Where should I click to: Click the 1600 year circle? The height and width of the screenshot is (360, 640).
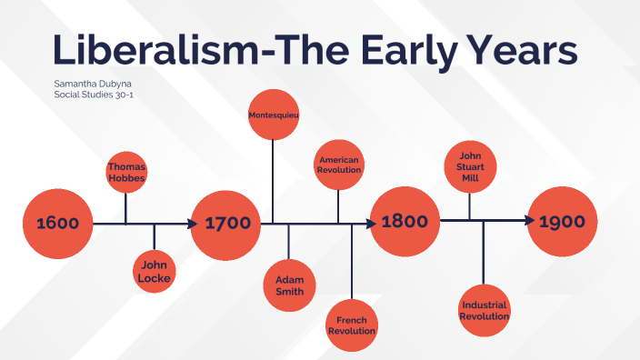[57, 223]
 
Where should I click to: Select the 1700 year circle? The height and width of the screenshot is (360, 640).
[226, 223]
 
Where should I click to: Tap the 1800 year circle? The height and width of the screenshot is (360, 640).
[405, 222]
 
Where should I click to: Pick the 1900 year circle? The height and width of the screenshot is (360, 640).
[563, 222]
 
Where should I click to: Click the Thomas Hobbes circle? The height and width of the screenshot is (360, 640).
[126, 173]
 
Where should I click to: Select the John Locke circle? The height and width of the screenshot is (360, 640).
[154, 271]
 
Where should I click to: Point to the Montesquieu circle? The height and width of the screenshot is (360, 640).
[274, 115]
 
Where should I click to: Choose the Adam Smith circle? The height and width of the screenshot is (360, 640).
[289, 285]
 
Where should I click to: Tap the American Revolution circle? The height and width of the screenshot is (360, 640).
[339, 165]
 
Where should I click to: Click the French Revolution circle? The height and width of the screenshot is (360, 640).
[351, 325]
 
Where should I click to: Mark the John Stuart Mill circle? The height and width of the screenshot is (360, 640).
[470, 166]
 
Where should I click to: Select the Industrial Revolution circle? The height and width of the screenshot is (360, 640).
[484, 311]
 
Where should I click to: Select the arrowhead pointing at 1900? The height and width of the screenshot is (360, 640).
[528, 221]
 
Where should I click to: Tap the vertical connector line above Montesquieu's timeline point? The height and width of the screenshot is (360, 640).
[274, 182]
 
